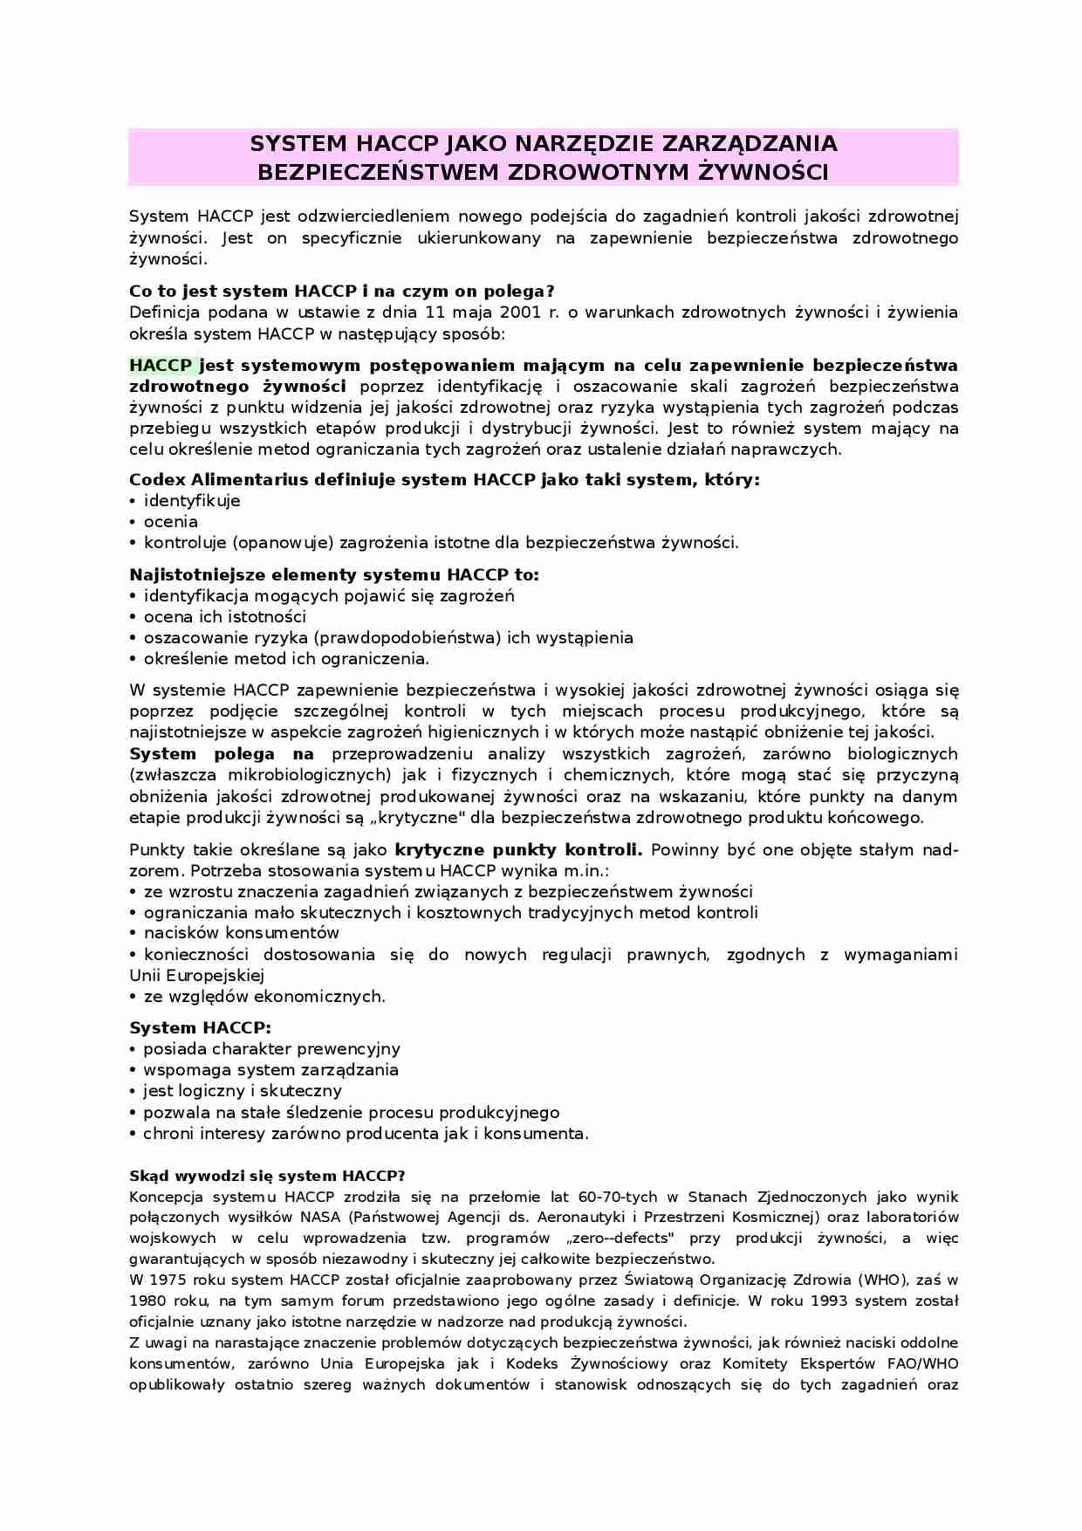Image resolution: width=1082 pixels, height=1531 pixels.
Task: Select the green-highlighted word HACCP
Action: click(161, 365)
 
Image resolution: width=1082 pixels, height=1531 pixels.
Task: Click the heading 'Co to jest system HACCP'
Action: click(341, 291)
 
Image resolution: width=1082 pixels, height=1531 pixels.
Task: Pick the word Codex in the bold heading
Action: click(157, 479)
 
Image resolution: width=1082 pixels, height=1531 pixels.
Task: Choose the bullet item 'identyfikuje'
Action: click(192, 501)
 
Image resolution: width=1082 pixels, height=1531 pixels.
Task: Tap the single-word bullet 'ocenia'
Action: click(171, 522)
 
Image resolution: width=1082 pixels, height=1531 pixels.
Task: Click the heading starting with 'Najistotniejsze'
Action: click(334, 574)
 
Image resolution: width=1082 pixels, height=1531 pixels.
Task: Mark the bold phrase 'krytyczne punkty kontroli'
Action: click(518, 849)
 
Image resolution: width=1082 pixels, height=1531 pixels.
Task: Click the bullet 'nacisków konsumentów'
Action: click(241, 933)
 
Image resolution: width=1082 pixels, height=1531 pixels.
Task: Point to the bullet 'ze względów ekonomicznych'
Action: click(264, 996)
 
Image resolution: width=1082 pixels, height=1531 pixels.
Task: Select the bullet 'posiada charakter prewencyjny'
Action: click(271, 1049)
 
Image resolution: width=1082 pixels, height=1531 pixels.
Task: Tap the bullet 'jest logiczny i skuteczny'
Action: click(243, 1091)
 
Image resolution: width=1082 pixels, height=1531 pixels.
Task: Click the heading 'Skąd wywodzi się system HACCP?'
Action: click(267, 1176)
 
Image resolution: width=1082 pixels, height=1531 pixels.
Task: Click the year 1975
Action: click(168, 1280)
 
